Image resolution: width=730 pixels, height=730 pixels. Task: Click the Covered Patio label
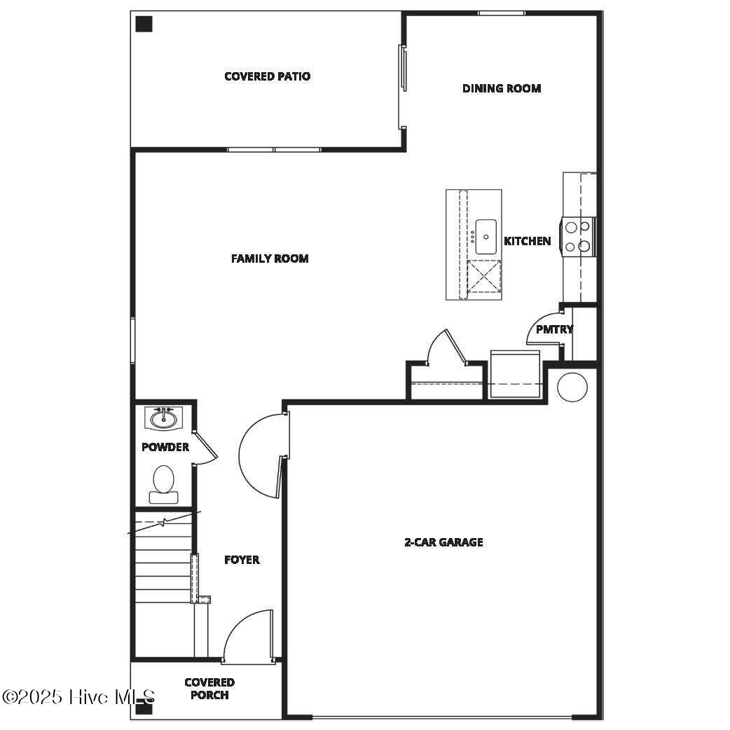click(x=267, y=76)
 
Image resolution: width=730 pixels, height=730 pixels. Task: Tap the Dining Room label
click(x=501, y=88)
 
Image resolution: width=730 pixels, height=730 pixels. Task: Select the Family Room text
click(x=270, y=259)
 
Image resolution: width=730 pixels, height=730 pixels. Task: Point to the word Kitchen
click(x=527, y=241)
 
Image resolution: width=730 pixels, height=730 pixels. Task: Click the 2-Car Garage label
click(x=443, y=542)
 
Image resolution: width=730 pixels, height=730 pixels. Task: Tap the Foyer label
click(x=242, y=560)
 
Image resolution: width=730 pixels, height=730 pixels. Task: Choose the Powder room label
click(x=165, y=447)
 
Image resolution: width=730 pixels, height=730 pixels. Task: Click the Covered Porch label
click(x=209, y=688)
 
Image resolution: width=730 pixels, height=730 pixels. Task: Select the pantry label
click(x=554, y=329)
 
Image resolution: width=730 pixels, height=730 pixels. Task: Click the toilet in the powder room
click(x=163, y=484)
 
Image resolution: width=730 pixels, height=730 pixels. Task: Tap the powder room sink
click(x=164, y=418)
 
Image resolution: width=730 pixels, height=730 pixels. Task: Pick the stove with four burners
click(x=578, y=237)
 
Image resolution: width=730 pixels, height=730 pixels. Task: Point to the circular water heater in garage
click(x=572, y=387)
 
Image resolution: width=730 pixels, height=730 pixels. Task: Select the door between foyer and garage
click(x=263, y=455)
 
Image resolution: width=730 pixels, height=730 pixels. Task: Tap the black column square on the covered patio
click(x=144, y=25)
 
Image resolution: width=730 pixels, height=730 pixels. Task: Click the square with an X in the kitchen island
click(x=484, y=276)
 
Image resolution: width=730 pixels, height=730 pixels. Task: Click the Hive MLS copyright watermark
click(x=78, y=697)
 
